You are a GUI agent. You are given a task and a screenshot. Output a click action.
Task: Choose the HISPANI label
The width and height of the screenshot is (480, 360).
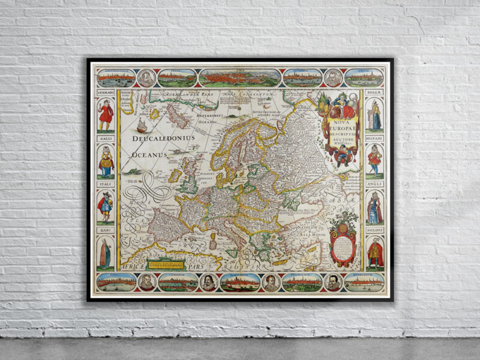click(375, 138)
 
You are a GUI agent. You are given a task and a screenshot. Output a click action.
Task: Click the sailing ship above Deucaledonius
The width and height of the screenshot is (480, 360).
click(142, 125)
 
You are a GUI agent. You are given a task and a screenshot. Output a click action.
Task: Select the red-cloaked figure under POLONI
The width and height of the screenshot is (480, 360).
click(375, 252)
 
